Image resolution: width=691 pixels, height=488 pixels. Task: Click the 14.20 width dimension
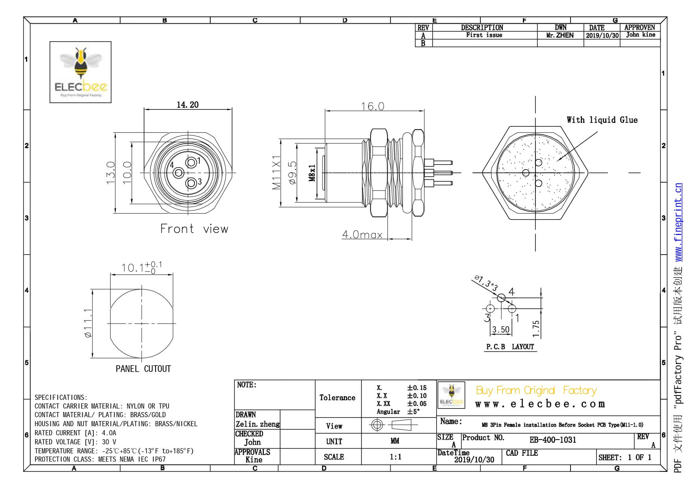[187, 105]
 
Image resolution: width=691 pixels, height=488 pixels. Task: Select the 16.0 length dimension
[372, 106]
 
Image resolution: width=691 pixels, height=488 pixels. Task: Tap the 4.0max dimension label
[362, 235]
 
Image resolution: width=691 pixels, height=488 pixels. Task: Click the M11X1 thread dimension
[277, 172]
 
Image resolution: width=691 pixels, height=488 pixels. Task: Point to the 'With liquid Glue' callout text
[602, 120]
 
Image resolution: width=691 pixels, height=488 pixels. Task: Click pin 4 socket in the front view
[178, 172]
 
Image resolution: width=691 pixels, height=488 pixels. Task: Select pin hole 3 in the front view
[191, 183]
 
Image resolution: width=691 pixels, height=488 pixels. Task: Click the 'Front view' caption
[194, 229]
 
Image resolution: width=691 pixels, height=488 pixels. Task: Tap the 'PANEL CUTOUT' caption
[143, 369]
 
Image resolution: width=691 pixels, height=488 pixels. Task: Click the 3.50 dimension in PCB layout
[500, 329]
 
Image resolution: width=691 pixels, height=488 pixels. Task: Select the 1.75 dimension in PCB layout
[536, 329]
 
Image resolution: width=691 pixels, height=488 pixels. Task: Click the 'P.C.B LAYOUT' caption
[510, 347]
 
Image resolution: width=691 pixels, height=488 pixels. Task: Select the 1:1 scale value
[395, 457]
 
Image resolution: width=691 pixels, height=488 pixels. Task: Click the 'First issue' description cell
[484, 35]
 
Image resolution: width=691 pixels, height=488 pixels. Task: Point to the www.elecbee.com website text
[540, 404]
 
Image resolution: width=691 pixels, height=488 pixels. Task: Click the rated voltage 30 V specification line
[75, 442]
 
